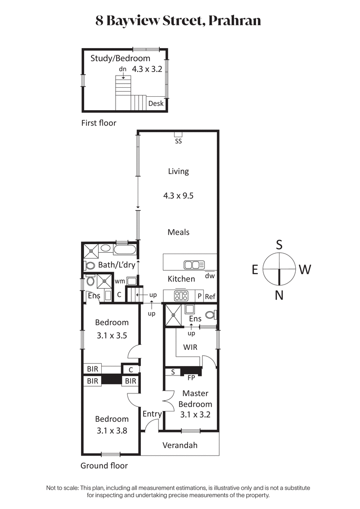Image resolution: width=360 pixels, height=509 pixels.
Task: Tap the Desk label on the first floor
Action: pos(156,103)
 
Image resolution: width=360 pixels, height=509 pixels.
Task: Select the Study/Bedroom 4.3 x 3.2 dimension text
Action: pos(147,69)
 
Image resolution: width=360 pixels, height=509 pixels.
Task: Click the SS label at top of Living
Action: pos(178,141)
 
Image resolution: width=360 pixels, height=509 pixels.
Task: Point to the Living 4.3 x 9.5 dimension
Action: pos(178,196)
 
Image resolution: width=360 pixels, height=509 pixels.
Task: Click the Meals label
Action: pos(178,232)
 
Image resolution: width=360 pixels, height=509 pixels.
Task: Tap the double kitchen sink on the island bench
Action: pos(194,264)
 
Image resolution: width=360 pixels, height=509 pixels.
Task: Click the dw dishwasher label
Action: pos(210,276)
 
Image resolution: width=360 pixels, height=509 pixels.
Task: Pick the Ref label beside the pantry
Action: pos(210,297)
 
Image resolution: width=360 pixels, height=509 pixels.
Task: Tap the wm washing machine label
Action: pos(120,281)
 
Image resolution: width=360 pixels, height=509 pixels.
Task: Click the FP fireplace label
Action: pos(191,378)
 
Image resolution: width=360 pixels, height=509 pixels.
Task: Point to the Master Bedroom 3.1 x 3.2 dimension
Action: pos(195,415)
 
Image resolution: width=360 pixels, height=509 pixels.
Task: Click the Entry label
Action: pos(152,414)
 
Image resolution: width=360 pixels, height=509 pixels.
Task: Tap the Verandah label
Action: pos(180,445)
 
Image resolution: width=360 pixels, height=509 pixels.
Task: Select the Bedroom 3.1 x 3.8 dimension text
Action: pos(111,430)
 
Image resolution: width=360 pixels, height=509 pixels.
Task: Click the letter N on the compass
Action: pos(279,295)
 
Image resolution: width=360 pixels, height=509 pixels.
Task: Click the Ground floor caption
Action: pos(104,466)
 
